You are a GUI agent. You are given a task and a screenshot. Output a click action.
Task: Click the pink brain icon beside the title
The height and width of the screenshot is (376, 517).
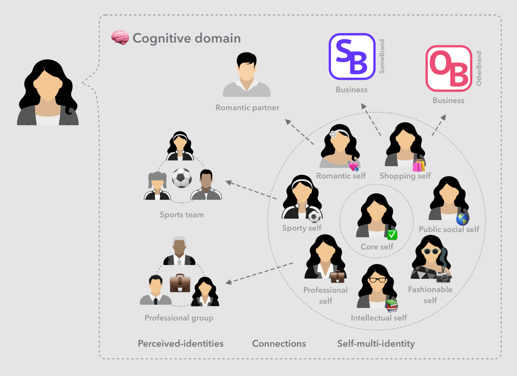tap(120, 37)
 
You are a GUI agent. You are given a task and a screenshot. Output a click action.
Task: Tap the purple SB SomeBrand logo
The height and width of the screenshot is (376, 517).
tap(352, 57)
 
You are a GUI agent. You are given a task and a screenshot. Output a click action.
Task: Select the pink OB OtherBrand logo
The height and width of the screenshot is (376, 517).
tap(449, 68)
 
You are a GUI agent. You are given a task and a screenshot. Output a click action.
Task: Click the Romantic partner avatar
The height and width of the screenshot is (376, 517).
tap(247, 80)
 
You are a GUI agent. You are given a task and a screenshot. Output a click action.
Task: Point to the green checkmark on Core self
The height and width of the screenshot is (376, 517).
tap(392, 234)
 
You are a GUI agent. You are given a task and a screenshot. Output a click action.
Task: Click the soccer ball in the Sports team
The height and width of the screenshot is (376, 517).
tap(182, 178)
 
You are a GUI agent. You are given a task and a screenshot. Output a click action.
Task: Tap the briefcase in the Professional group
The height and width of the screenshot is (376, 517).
tap(180, 283)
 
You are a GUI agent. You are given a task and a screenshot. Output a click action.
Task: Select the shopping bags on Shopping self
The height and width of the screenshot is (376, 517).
tap(419, 165)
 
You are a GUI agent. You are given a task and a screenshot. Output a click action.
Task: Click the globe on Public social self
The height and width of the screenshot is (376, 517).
tap(462, 219)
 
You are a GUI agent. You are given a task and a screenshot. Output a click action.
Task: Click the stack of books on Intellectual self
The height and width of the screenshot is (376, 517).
tap(391, 305)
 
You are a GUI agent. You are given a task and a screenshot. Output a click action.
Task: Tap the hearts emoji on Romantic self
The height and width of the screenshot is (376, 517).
tap(353, 166)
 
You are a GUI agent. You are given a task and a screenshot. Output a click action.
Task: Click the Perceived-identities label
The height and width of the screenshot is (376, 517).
tap(181, 344)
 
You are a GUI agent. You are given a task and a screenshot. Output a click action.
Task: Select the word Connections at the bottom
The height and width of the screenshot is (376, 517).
tap(279, 344)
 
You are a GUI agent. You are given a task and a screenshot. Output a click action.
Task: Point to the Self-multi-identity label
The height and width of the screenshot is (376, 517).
tap(376, 344)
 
